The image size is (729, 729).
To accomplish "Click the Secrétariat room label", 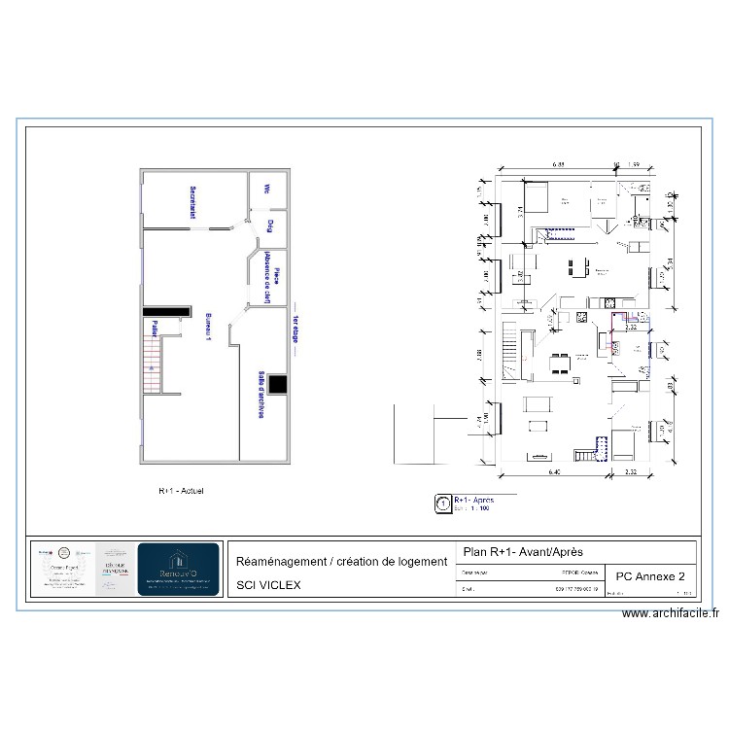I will pyautogui.click(x=193, y=202).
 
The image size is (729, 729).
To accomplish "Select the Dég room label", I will pyautogui.click(x=269, y=226).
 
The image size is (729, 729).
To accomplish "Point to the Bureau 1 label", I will pyautogui.click(x=208, y=328).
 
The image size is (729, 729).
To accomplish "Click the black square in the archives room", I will pyautogui.click(x=278, y=385).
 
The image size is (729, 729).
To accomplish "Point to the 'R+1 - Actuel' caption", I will pyautogui.click(x=181, y=491).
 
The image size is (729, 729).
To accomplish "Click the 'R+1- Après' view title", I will pyautogui.click(x=475, y=499).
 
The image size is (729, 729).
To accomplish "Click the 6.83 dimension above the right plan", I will pyautogui.click(x=560, y=164).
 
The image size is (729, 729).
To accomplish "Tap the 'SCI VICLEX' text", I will pyautogui.click(x=269, y=585).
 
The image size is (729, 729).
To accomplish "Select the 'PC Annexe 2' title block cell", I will pyautogui.click(x=648, y=576).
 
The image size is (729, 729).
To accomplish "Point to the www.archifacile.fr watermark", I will pyautogui.click(x=670, y=613).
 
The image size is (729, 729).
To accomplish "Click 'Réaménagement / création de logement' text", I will pyautogui.click(x=340, y=562).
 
